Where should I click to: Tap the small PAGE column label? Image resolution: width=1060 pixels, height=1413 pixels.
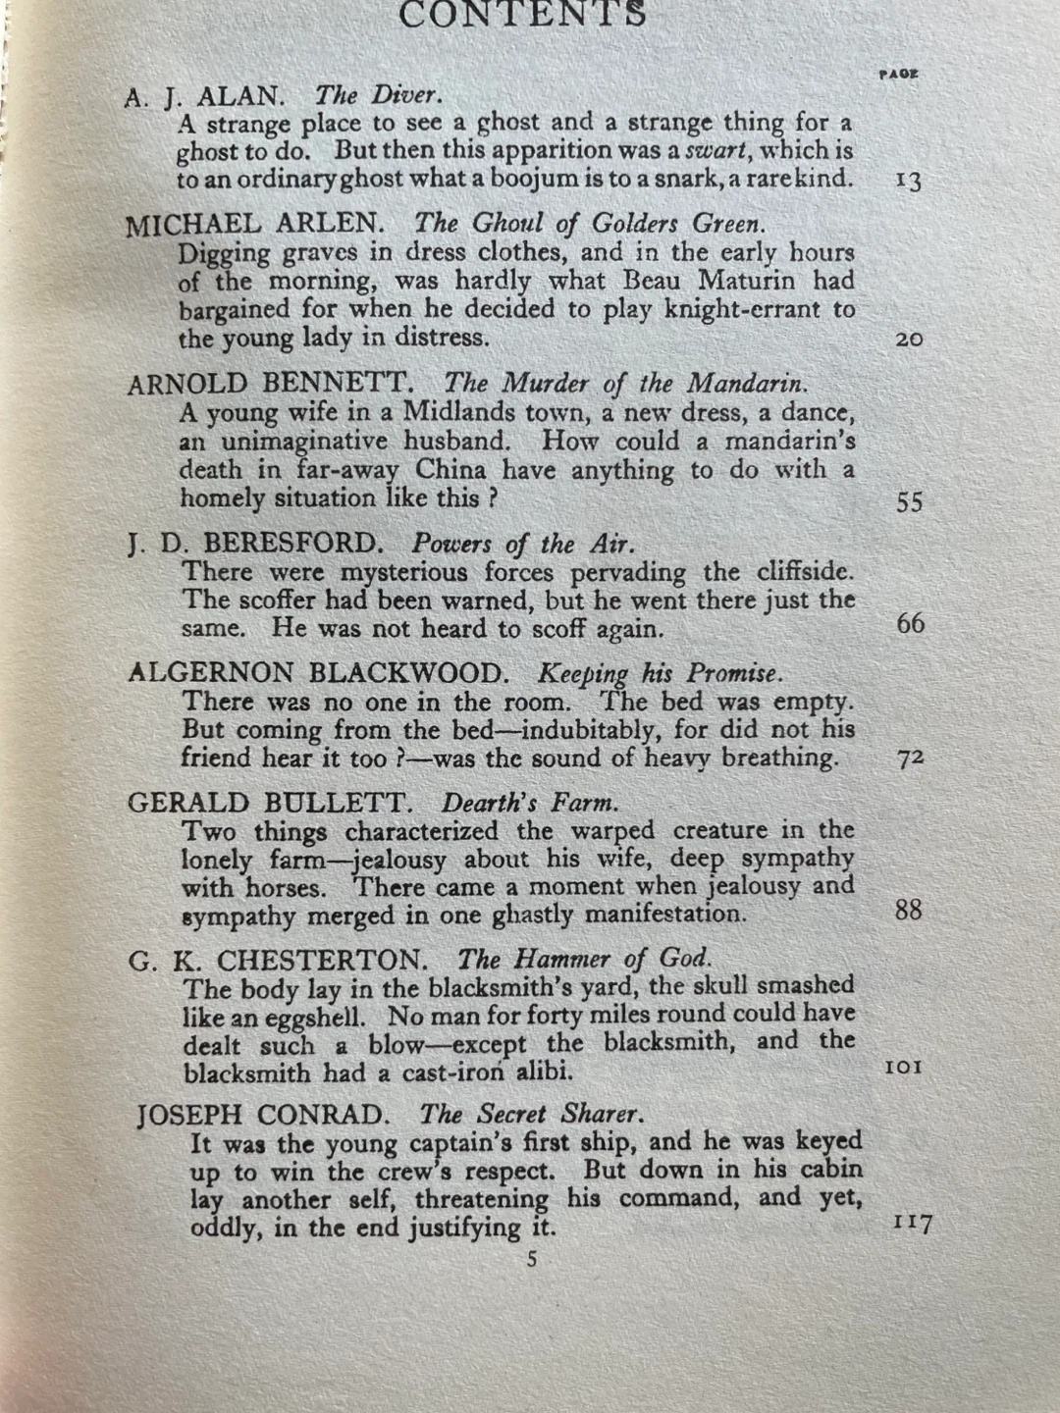pos(898,74)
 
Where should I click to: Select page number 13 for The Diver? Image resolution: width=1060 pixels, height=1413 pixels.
pos(908,182)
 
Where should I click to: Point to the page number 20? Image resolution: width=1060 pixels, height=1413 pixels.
pos(909,340)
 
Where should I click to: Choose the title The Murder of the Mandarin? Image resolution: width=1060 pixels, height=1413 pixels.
pos(626,383)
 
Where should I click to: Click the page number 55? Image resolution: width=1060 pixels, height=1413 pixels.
pos(910,502)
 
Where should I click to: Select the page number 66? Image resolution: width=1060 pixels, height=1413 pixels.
pos(911,624)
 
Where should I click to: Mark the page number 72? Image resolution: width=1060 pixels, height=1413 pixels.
pos(911,759)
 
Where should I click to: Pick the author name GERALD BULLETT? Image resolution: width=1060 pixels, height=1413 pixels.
pos(270,803)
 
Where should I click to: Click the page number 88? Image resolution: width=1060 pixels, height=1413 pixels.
pos(909,911)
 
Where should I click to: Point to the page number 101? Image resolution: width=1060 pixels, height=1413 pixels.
pos(904,1067)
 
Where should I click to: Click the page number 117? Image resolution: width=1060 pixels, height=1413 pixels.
pos(912,1224)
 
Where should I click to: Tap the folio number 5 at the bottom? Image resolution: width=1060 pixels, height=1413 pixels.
pos(532,1259)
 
